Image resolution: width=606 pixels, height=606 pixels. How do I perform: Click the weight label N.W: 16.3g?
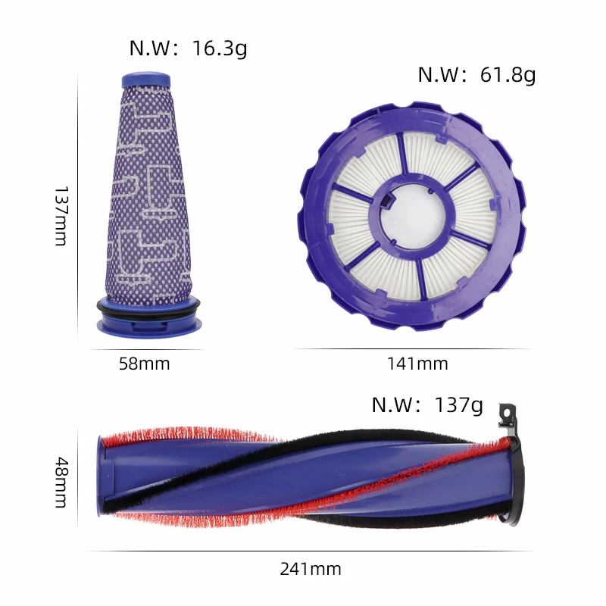pyautogui.click(x=188, y=48)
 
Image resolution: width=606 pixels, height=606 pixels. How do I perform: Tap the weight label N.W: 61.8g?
pyautogui.click(x=477, y=74)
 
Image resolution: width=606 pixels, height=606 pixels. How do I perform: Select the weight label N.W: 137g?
pyautogui.click(x=427, y=405)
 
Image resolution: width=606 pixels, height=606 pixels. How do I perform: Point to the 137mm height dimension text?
pyautogui.click(x=61, y=216)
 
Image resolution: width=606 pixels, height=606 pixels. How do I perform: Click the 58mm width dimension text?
pyautogui.click(x=144, y=364)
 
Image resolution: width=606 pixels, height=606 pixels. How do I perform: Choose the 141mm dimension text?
pyautogui.click(x=417, y=364)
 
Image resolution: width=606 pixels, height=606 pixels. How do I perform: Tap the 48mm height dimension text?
pyautogui.click(x=61, y=483)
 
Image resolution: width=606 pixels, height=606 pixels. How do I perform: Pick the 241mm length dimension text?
pyautogui.click(x=311, y=569)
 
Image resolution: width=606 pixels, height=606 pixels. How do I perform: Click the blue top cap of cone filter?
pyautogui.click(x=146, y=80)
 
